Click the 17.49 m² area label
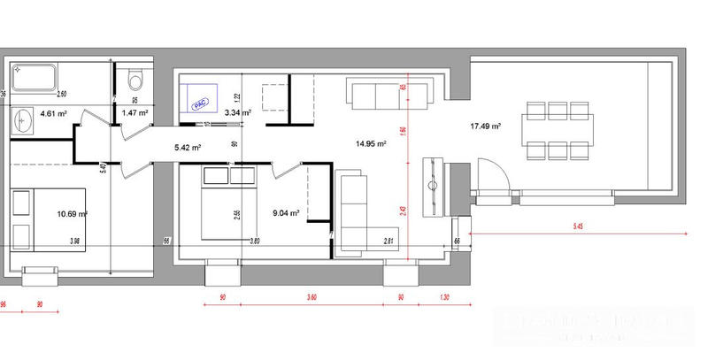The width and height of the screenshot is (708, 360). pyautogui.click(x=485, y=126)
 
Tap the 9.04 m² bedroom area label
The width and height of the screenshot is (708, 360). pyautogui.click(x=284, y=212)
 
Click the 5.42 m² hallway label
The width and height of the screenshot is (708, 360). pyautogui.click(x=189, y=147)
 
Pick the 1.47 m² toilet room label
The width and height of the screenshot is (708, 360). pyautogui.click(x=134, y=113)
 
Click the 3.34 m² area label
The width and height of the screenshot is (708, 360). pyautogui.click(x=237, y=113)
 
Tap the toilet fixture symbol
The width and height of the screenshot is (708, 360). pyautogui.click(x=135, y=80)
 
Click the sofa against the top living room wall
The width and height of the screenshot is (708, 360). pyautogui.click(x=377, y=94)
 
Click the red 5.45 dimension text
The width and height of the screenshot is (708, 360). pyautogui.click(x=579, y=227)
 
